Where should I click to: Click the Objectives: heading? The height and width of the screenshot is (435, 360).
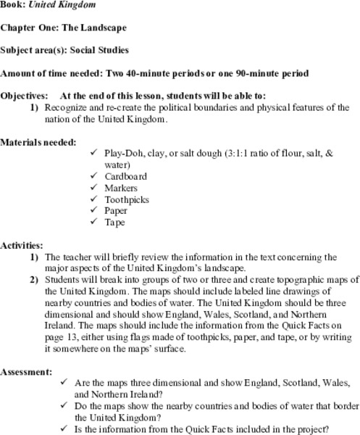point(25,96)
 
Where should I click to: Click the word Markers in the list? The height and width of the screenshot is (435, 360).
point(122,188)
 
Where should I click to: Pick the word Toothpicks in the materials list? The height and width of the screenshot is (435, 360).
point(127,199)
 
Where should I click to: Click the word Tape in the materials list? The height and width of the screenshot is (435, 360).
point(116,223)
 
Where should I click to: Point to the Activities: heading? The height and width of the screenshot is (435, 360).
point(22,246)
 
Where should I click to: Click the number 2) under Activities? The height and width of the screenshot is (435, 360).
point(34,279)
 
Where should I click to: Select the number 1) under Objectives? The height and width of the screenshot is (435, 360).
point(34,107)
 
